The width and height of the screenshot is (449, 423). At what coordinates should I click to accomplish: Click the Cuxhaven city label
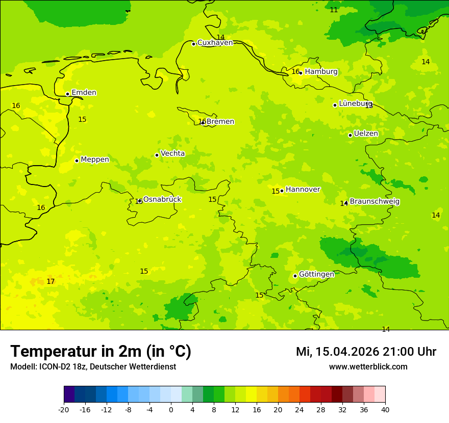click(x=215, y=43)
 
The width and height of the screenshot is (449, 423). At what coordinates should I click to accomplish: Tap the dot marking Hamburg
click(x=301, y=73)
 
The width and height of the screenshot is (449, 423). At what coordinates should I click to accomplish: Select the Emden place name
click(x=84, y=93)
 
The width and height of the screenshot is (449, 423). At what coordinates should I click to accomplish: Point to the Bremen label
click(x=220, y=122)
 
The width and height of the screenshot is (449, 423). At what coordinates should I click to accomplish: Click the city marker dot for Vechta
click(x=157, y=155)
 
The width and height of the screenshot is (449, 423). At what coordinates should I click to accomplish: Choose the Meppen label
click(x=95, y=160)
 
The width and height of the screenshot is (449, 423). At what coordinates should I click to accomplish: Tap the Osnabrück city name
click(x=162, y=199)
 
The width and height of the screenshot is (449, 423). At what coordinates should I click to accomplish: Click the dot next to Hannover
click(x=282, y=191)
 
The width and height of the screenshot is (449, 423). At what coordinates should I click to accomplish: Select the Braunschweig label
click(x=375, y=202)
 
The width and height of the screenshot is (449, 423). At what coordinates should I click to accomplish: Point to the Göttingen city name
click(x=316, y=274)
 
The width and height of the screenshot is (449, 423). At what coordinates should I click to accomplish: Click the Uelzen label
click(x=366, y=134)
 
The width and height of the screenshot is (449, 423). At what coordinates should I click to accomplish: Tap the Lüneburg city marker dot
click(x=335, y=105)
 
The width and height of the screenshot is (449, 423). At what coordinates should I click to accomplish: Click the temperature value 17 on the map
click(x=51, y=282)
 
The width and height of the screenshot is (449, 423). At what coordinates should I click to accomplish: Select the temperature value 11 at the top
click(x=334, y=10)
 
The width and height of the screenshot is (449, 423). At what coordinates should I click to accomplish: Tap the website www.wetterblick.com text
click(x=368, y=367)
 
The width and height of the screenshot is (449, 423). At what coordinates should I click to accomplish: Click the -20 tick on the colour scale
click(x=64, y=409)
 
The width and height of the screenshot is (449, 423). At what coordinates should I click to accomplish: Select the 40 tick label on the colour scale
click(x=385, y=409)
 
